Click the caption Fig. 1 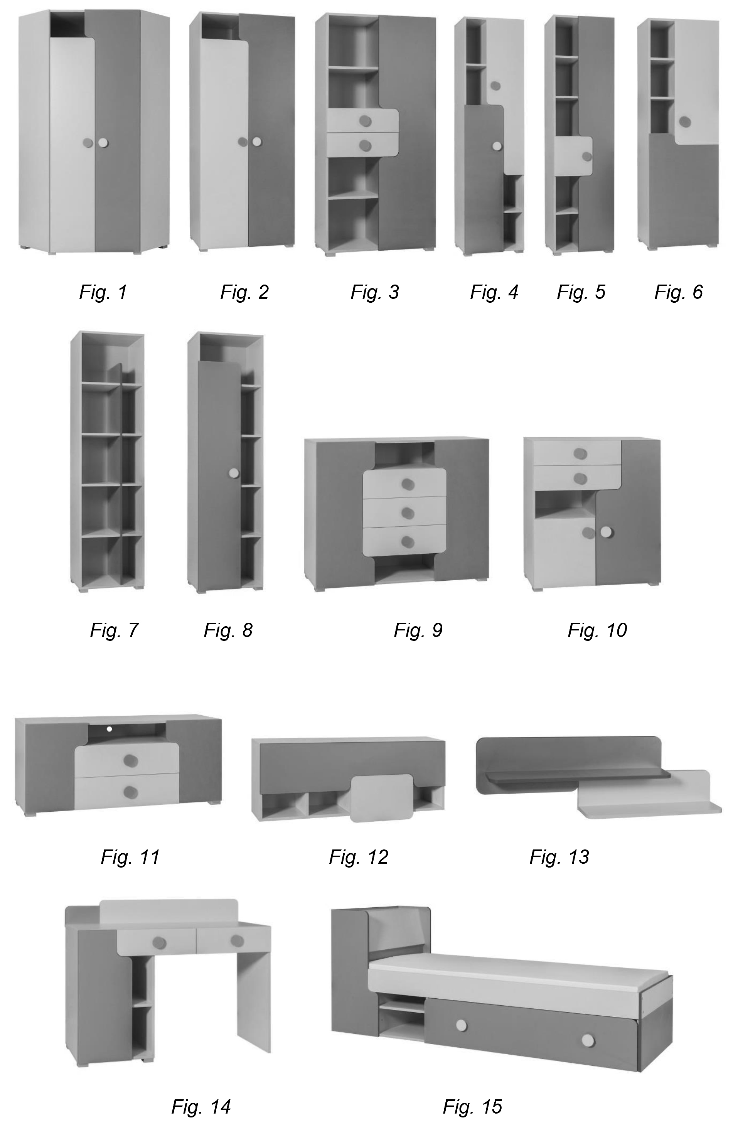(103, 292)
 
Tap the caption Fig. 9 (418, 630)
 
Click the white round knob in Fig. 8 (234, 473)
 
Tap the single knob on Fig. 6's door (685, 122)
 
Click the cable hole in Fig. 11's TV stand (110, 730)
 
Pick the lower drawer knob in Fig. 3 (364, 145)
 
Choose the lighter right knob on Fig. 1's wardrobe (103, 142)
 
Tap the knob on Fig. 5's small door (586, 156)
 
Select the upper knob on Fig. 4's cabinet (495, 86)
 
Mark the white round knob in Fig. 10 (606, 532)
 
